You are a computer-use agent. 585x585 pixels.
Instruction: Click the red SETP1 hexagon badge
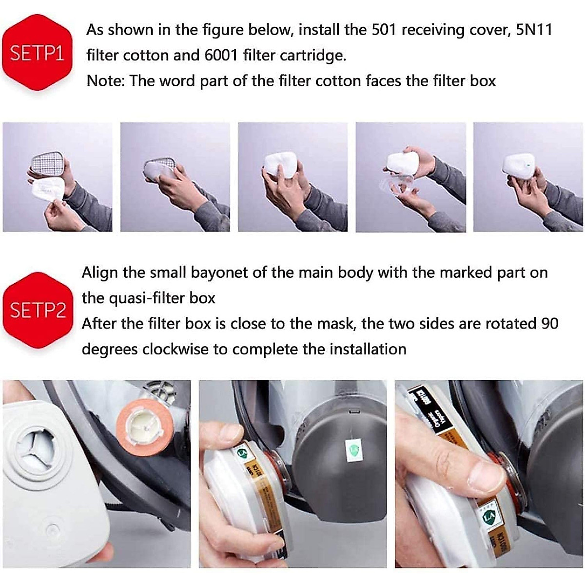37,53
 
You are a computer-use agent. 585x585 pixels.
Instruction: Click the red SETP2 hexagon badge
38,310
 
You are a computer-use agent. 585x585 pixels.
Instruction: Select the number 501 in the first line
385,30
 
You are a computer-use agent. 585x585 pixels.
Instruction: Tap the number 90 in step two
549,323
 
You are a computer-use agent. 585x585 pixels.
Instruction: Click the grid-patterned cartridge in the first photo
47,161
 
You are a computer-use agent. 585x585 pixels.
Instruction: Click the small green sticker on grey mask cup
351,448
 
